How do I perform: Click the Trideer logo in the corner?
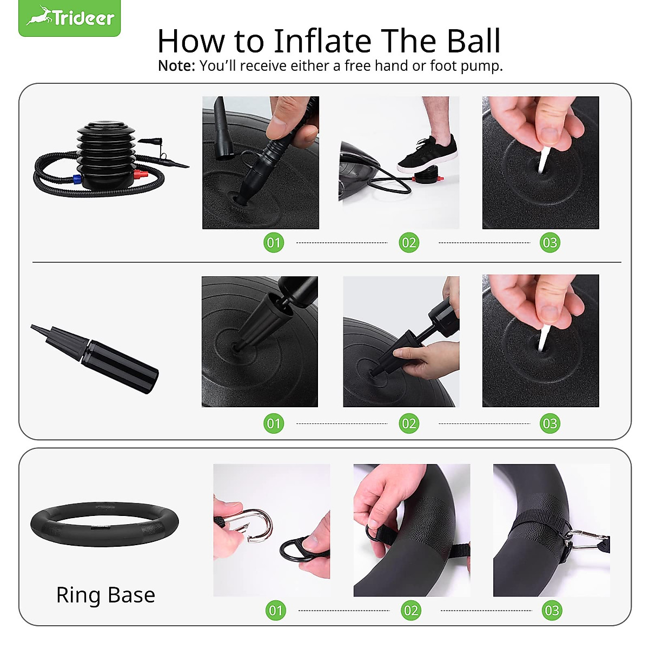coord(70,18)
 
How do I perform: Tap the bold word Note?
coord(176,66)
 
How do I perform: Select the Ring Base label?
coord(105,595)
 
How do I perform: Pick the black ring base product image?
coord(104,524)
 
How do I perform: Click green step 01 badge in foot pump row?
coord(274,242)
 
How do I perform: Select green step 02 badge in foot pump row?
coord(409,242)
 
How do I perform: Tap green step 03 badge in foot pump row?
coord(549,242)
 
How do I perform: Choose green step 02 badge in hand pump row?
coord(409,423)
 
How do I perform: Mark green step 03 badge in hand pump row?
coord(549,423)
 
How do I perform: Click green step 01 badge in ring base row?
coord(276,611)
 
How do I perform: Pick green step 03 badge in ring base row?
coord(552,611)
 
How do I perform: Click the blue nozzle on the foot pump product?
coord(77,180)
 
